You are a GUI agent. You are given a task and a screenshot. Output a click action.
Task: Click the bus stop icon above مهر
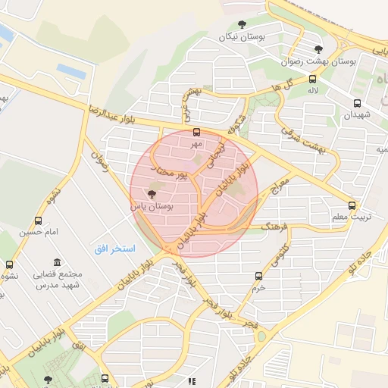point(197,132)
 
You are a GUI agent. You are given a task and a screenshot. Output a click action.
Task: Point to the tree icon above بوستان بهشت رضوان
point(318,49)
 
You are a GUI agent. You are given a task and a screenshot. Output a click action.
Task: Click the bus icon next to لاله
point(313,79)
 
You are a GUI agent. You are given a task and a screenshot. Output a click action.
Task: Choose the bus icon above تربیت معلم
point(352,205)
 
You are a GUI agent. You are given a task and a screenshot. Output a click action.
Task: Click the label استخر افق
point(114,248)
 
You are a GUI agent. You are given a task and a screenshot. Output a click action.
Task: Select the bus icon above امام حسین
point(38,221)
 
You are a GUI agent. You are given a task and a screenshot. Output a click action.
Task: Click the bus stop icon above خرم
point(259,277)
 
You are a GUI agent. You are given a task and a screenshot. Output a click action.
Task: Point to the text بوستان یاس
point(152,206)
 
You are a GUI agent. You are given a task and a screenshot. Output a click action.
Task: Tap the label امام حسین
point(38,233)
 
